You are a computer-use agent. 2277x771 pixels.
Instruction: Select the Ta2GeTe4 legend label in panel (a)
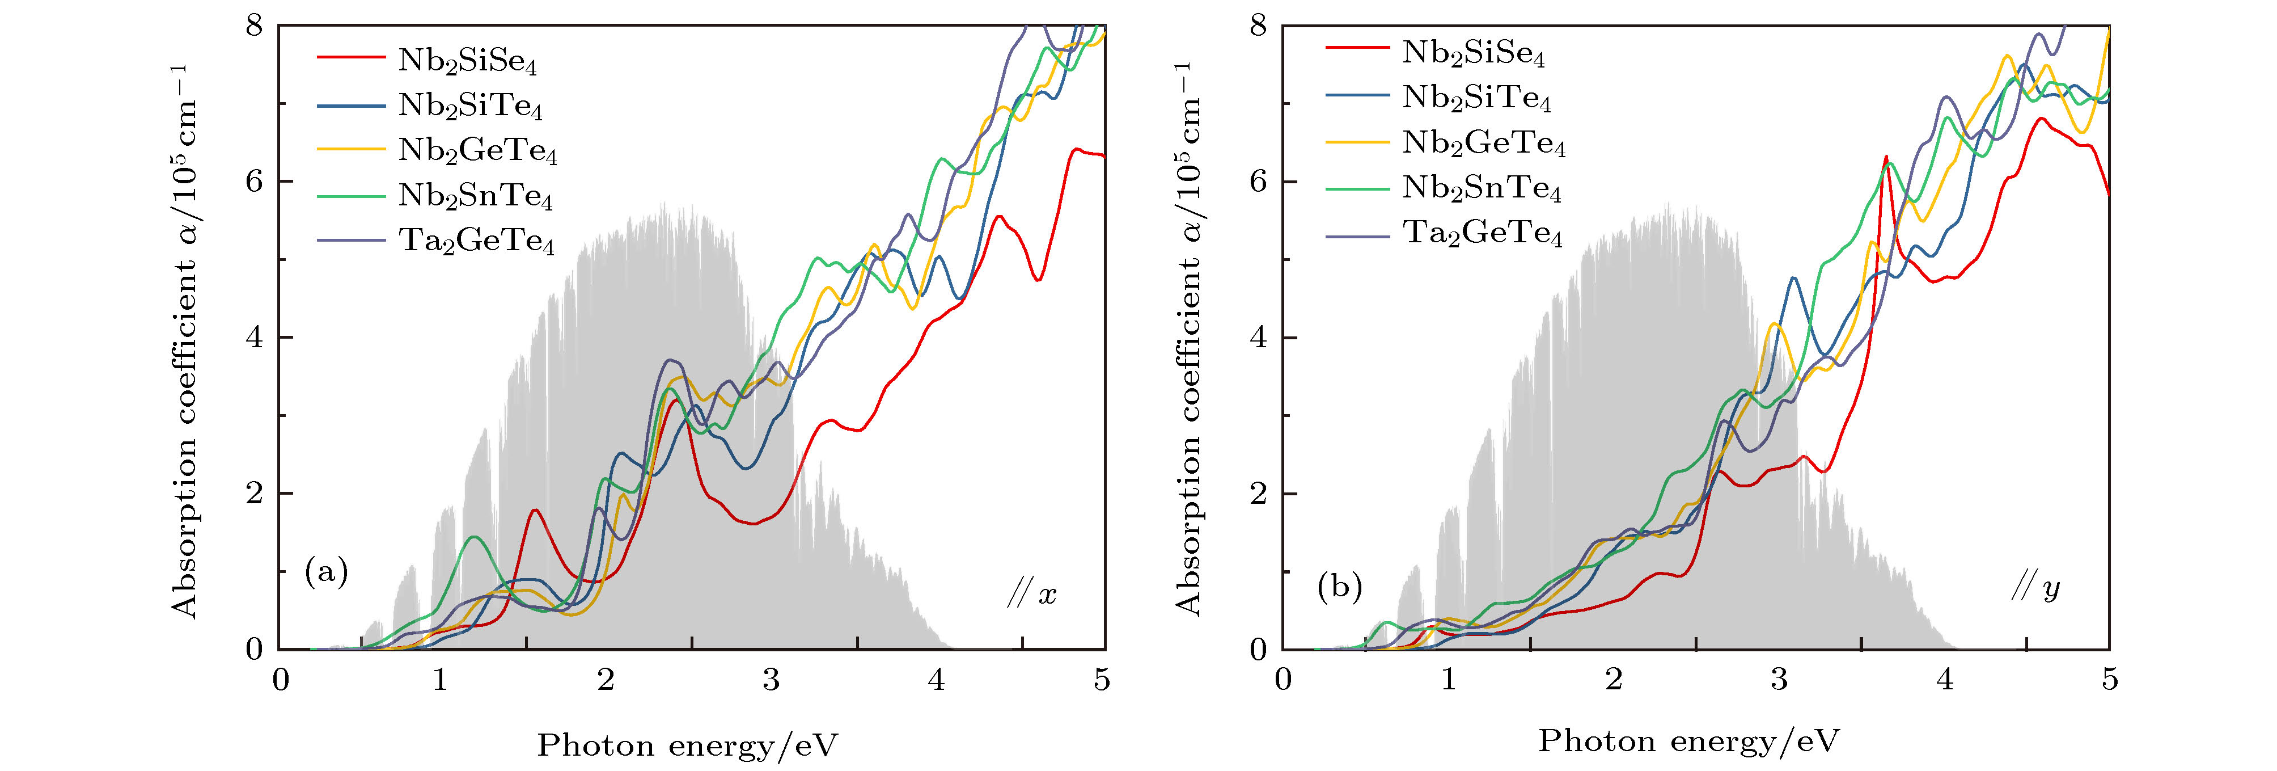(x=476, y=241)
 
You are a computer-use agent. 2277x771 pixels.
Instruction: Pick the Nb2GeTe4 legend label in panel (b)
(x=1483, y=142)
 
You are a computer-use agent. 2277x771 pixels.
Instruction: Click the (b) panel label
(x=1339, y=586)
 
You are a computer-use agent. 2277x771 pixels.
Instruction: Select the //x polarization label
(x=1031, y=594)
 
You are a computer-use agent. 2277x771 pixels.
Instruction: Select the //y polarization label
(x=2035, y=587)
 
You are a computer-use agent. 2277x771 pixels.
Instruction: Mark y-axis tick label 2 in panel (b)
(x=1258, y=494)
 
